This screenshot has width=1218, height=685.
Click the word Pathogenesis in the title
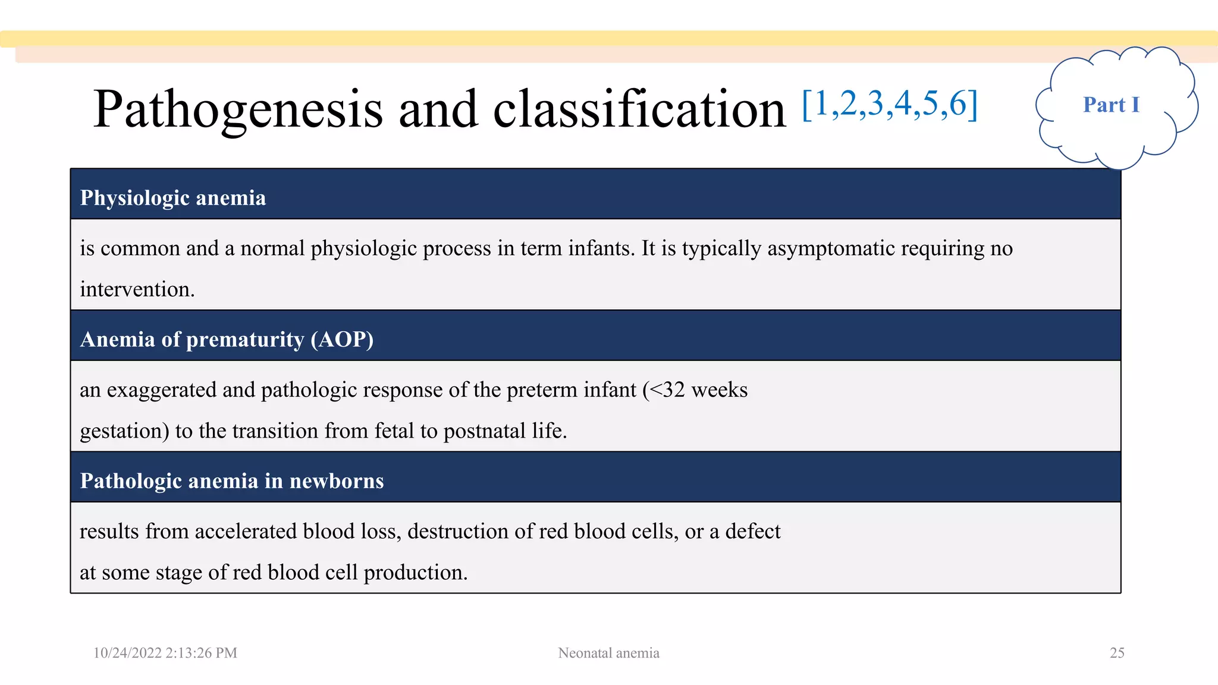(238, 110)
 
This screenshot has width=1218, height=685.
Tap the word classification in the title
(639, 110)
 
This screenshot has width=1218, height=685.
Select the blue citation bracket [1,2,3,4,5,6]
(890, 104)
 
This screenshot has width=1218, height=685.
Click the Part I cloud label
(1111, 105)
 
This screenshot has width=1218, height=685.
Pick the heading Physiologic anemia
(173, 198)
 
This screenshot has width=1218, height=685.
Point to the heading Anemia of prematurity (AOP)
(227, 340)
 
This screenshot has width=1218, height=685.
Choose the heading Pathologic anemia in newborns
(232, 481)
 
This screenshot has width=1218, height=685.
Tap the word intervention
(137, 290)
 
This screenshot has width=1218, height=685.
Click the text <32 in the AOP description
(667, 390)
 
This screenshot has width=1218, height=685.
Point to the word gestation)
(124, 431)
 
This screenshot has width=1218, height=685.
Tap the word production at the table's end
(415, 573)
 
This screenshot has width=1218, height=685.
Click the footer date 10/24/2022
(127, 653)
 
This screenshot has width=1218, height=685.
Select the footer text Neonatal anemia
(608, 653)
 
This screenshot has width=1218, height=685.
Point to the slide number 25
(1117, 653)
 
